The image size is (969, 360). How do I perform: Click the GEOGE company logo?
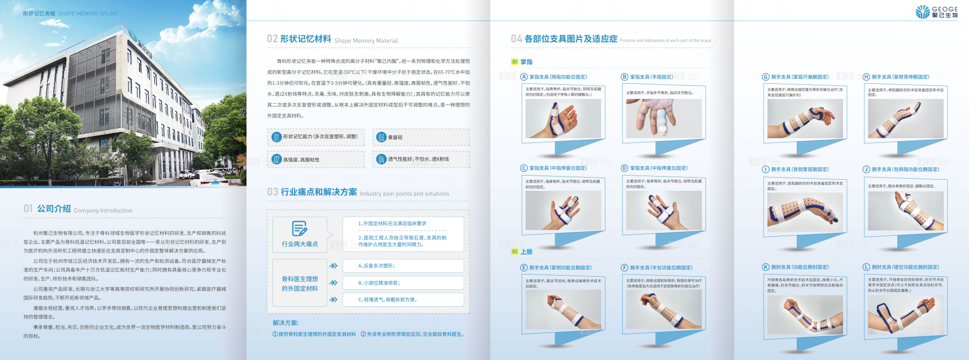[x=936, y=12]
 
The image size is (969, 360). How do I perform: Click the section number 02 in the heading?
[x=272, y=39]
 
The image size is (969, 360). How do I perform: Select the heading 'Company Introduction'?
[x=103, y=210]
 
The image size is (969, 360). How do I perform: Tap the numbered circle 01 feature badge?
[x=277, y=137]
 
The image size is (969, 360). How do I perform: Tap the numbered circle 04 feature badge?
[x=381, y=159]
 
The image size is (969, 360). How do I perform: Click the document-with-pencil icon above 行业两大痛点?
[x=299, y=229]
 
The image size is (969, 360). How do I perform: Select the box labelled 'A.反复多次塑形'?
[x=403, y=266]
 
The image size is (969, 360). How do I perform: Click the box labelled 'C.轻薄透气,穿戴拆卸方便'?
[x=403, y=299]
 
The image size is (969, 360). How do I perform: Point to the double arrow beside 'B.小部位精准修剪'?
[x=334, y=283]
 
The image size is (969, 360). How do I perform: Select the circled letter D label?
[x=624, y=168]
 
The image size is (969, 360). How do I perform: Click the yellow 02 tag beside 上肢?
[x=515, y=252]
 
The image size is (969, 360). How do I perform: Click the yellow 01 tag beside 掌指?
[x=515, y=62]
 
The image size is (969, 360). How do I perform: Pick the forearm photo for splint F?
[x=664, y=310]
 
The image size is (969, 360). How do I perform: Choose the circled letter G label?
[x=766, y=77]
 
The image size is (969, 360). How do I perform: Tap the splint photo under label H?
[x=905, y=119]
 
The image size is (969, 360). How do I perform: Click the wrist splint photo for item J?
[x=905, y=211]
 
